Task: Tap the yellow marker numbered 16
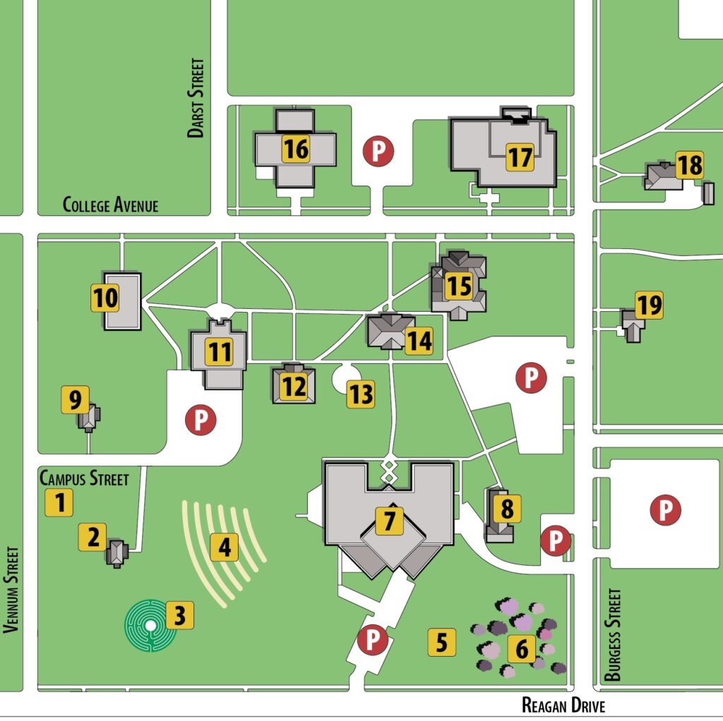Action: tap(296, 149)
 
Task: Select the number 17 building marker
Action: tap(520, 157)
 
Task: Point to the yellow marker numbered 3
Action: tap(179, 616)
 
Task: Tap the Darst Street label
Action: tap(196, 97)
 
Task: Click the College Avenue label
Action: tap(110, 205)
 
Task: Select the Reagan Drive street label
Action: tap(563, 705)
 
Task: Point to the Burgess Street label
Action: tap(613, 635)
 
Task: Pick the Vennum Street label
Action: tap(10, 590)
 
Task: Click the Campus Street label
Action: tap(84, 478)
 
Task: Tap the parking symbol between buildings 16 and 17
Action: tap(378, 151)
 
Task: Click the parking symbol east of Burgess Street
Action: tap(664, 509)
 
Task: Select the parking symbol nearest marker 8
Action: tap(555, 541)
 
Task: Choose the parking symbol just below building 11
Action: tap(200, 420)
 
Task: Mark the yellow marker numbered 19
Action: tap(649, 305)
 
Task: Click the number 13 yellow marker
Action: tap(360, 394)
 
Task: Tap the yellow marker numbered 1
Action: tap(59, 503)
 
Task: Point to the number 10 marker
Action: tap(105, 298)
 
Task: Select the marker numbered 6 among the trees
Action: tap(521, 649)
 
